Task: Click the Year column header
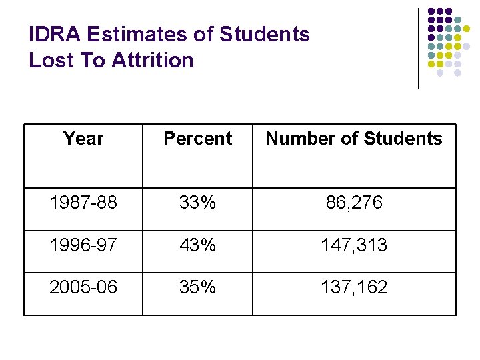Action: tap(83, 139)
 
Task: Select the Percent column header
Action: tap(197, 139)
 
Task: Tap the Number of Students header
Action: tap(353, 139)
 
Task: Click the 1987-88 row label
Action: tap(83, 203)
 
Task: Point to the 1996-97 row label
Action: tap(83, 245)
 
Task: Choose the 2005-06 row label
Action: tap(83, 287)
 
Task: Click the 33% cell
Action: tap(197, 203)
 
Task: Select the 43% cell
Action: tap(197, 245)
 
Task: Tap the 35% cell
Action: tap(197, 287)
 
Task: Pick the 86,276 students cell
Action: tap(354, 203)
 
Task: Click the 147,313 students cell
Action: tap(354, 245)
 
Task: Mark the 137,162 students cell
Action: tap(354, 287)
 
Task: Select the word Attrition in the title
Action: tap(153, 61)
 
